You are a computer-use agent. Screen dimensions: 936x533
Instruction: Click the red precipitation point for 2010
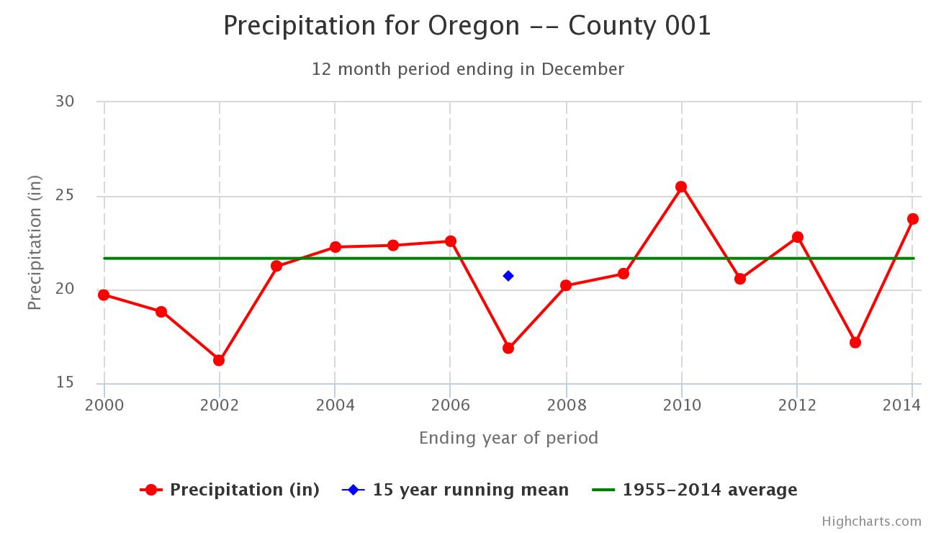[681, 187]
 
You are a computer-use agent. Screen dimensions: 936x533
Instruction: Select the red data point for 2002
[219, 360]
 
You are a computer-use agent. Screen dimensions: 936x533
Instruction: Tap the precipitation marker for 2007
[508, 348]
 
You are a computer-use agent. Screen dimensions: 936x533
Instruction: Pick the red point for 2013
[855, 342]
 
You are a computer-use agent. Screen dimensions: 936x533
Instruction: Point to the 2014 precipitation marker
[913, 219]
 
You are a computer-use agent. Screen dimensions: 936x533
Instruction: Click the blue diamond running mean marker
[508, 276]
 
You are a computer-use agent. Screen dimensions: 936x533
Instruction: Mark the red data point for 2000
[104, 295]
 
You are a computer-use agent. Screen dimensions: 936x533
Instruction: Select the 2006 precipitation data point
[451, 241]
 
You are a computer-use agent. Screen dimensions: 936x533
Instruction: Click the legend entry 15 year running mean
[455, 490]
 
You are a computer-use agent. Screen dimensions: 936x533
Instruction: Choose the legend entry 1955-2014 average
[695, 490]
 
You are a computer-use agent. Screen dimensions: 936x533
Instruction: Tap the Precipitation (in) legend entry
[230, 490]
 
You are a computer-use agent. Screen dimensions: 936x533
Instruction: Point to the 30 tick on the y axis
[65, 101]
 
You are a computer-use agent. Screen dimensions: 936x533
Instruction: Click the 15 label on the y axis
[65, 382]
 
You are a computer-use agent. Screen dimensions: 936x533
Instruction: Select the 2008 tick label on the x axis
[567, 405]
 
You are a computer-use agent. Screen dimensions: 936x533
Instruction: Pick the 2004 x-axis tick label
[335, 405]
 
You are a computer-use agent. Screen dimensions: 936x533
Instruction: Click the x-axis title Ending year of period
[508, 438]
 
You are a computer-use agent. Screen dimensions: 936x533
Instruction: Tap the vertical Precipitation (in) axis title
[35, 243]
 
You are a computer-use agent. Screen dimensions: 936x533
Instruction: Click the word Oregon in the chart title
[474, 26]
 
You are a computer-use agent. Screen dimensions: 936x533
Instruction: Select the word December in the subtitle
[583, 69]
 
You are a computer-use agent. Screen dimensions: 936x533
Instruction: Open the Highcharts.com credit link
[872, 521]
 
